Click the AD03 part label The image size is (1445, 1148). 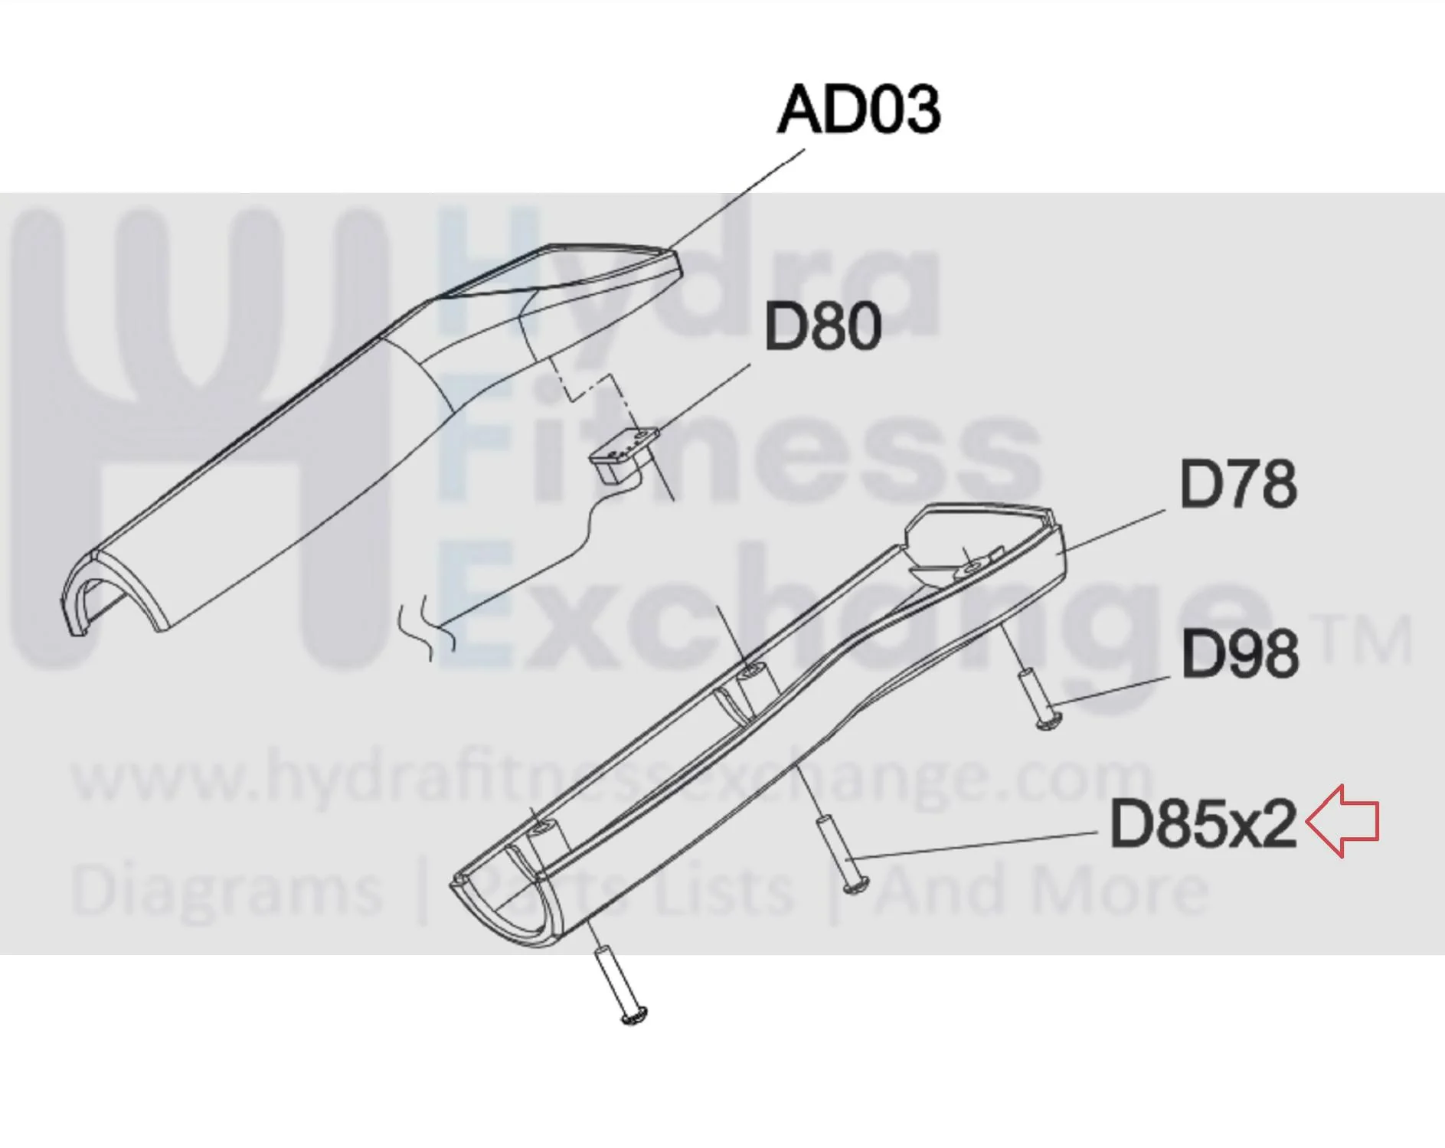click(859, 110)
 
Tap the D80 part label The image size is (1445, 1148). click(823, 327)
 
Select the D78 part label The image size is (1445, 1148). click(1238, 484)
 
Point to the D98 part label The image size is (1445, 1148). click(1240, 654)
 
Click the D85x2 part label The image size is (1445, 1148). click(1203, 824)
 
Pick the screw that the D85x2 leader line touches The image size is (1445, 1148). click(841, 855)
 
